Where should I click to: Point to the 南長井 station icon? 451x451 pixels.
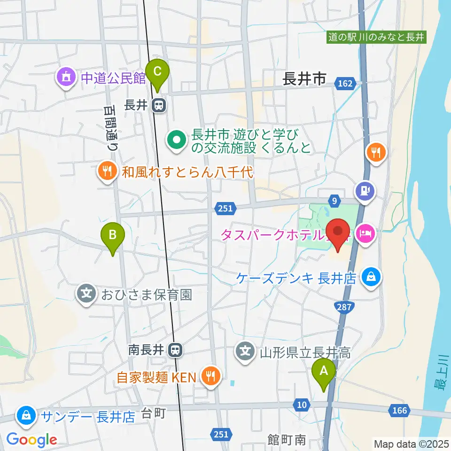coord(176,350)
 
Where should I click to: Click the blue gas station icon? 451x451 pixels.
coord(365,191)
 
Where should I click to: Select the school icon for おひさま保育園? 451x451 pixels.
coord(86,295)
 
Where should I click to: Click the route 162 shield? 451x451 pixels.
coord(345,83)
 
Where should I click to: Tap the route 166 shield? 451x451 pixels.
coord(398,411)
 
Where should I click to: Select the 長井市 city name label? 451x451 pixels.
coord(304,79)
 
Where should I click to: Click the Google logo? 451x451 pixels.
coord(31,440)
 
